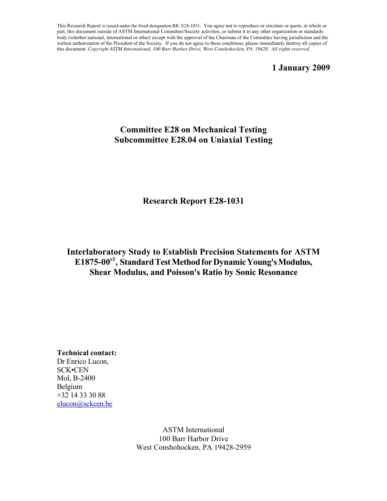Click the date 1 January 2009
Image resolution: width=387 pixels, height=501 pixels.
pyautogui.click(x=301, y=68)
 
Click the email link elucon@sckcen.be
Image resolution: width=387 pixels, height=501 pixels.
pyautogui.click(x=84, y=404)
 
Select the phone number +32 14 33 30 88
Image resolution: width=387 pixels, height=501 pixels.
pyautogui.click(x=81, y=395)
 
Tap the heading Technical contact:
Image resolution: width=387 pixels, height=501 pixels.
pyautogui.click(x=87, y=353)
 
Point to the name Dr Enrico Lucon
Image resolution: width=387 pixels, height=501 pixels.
pyautogui.click(x=83, y=361)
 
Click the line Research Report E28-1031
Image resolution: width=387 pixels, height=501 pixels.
pyautogui.click(x=193, y=201)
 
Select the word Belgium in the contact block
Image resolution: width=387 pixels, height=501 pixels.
pyautogui.click(x=70, y=387)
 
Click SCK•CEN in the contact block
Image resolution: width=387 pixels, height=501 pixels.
pyautogui.click(x=73, y=370)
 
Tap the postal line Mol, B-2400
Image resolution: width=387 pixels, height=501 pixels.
pyautogui.click(x=76, y=378)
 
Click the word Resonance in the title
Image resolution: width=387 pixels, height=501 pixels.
pyautogui.click(x=277, y=272)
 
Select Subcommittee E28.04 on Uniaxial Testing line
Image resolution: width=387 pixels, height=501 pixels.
pyautogui.click(x=193, y=140)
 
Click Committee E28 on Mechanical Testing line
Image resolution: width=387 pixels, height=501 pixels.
pyautogui.click(x=193, y=130)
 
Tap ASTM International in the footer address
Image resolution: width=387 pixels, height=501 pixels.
pyautogui.click(x=193, y=430)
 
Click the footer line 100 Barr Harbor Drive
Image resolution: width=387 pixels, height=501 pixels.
pyautogui.click(x=193, y=439)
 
